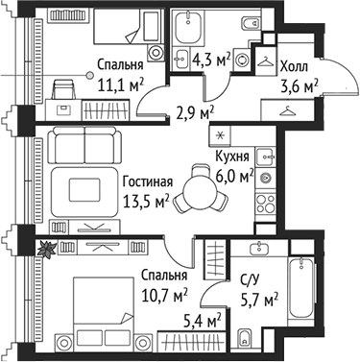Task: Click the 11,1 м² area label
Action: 120,86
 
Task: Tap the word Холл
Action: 293,68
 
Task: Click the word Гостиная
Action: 147,181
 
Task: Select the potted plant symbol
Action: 42,249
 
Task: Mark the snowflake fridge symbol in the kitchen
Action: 220,133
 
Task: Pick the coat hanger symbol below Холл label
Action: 285,110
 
